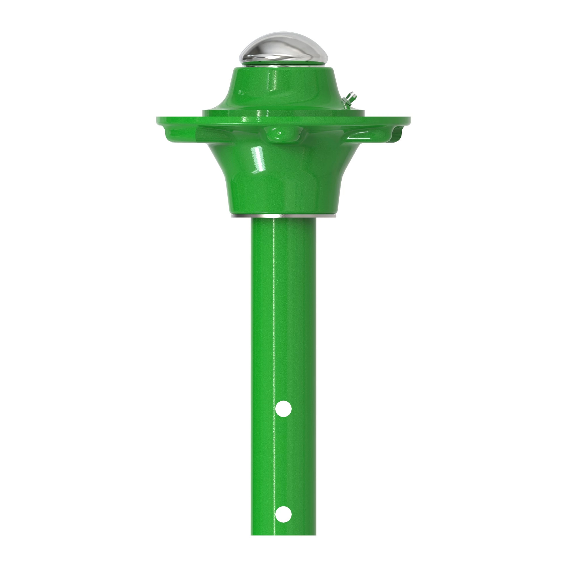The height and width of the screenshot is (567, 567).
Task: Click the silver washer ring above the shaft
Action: pyautogui.click(x=283, y=216)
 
